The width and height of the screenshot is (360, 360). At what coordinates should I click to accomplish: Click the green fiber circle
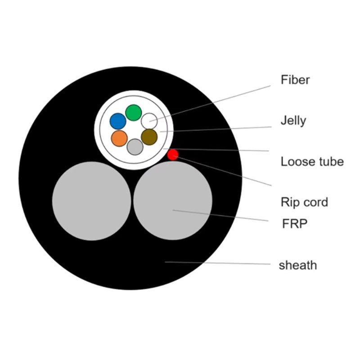pos(133,112)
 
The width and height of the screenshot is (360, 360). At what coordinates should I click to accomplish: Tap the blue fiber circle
pos(118,121)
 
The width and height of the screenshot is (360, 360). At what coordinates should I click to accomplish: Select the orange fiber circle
pos(119,138)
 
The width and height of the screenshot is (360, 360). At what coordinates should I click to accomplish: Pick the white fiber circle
pos(149,121)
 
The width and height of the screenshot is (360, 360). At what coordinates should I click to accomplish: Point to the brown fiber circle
pos(149,137)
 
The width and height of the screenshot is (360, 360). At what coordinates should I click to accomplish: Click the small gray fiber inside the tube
pos(135,147)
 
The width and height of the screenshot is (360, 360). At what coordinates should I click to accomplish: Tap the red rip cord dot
pos(173,155)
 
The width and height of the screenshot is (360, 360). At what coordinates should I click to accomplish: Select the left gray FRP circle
pos(91,201)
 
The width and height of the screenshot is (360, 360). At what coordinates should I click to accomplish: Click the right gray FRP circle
pos(173,201)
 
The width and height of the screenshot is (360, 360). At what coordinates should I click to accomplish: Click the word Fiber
pos(295,80)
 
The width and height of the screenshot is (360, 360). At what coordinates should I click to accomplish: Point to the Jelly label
pos(293,121)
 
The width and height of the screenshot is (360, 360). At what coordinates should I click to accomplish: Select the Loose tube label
pos(312,162)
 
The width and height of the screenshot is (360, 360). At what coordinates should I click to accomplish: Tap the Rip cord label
pos(304,202)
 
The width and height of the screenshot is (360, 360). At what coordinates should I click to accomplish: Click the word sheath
pos(297,265)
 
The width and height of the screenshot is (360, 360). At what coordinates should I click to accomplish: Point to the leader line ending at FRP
pos(220,216)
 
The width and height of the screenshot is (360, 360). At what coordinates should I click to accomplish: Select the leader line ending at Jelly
pos(216,129)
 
